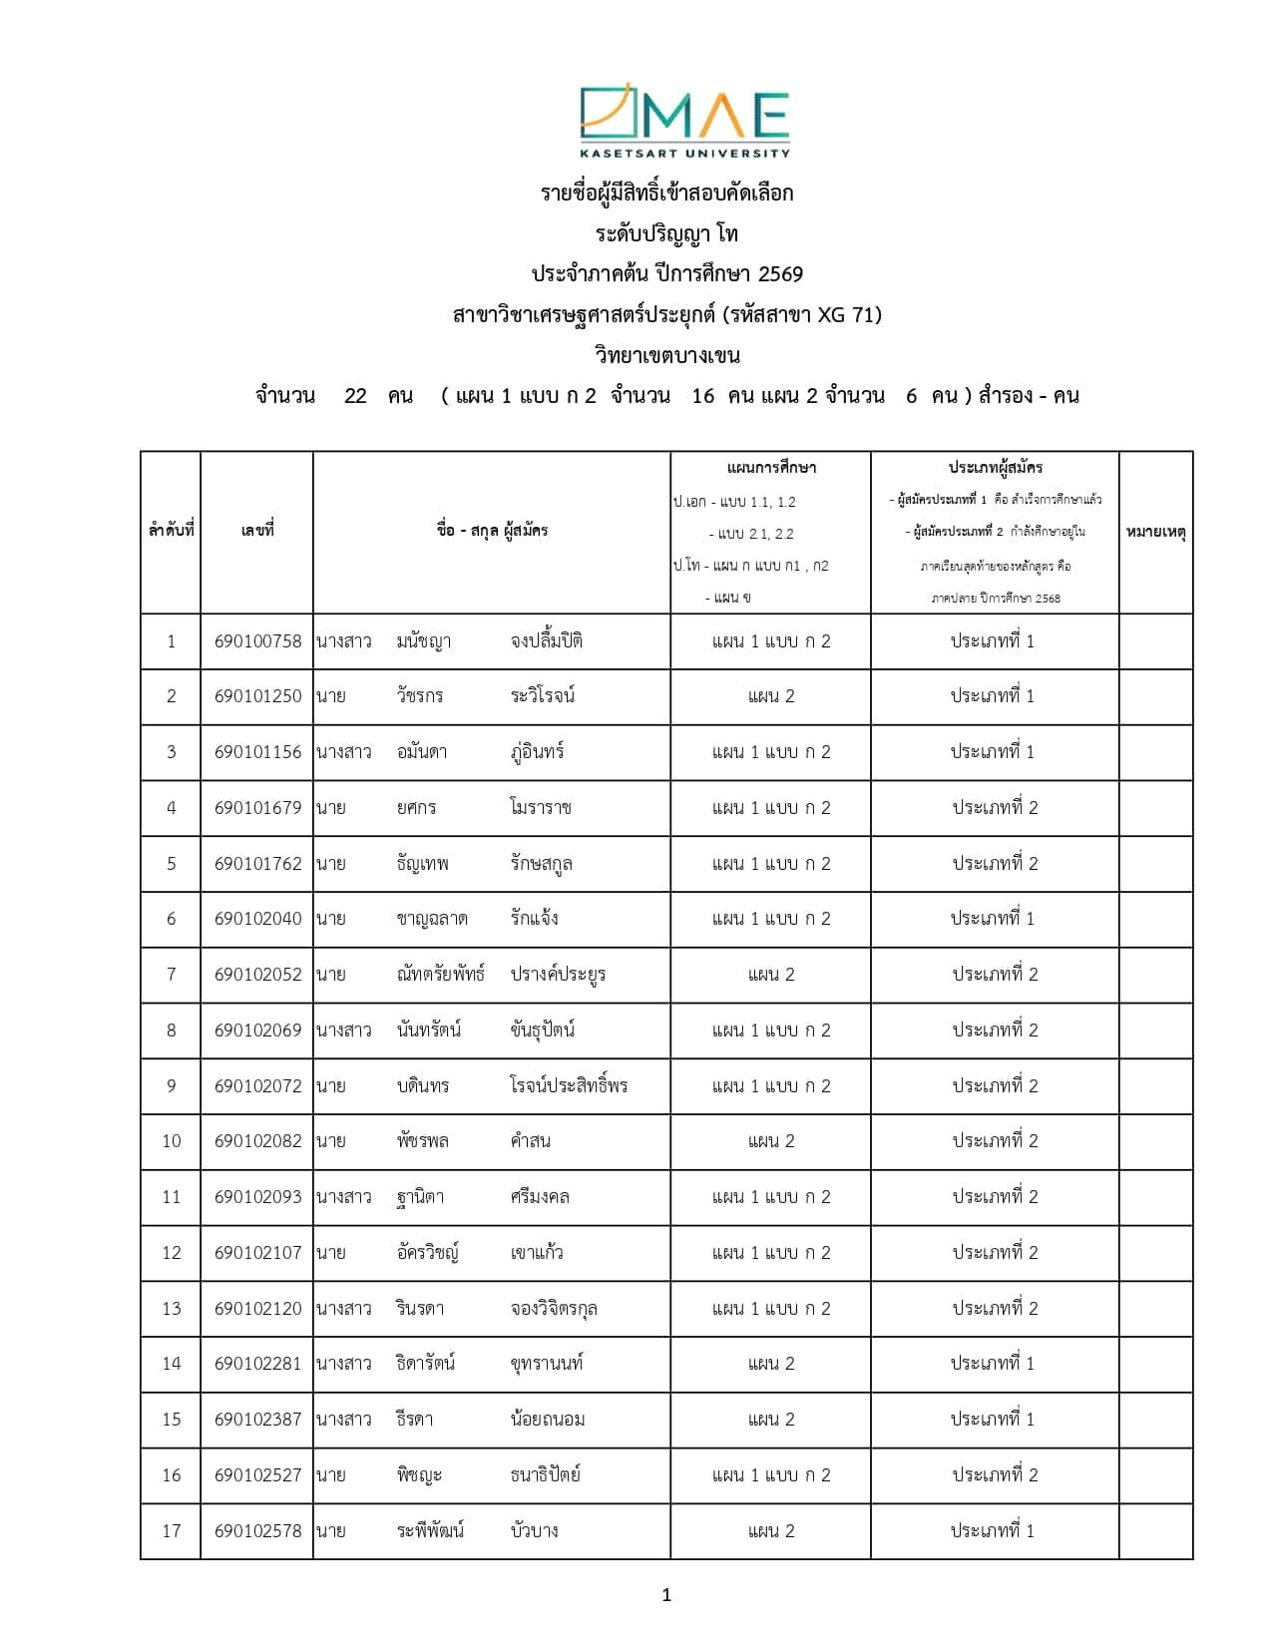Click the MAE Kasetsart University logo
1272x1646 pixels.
(684, 121)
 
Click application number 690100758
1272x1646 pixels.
(257, 641)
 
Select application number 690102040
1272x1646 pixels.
(257, 919)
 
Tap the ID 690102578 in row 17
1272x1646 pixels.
(257, 1530)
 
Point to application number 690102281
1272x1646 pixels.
(257, 1364)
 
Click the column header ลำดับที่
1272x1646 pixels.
(171, 531)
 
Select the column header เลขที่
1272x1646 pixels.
(256, 531)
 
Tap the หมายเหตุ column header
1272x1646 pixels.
(1155, 532)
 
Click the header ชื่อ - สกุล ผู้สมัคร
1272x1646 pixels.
(492, 531)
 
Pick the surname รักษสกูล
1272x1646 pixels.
(541, 864)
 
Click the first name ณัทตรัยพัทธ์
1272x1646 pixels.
(440, 975)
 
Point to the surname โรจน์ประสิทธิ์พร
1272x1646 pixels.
(569, 1085)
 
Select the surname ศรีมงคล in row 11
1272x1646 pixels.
(539, 1197)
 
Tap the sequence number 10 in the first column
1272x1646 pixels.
(172, 1141)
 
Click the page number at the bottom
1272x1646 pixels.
(666, 1595)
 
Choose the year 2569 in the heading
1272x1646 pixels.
(780, 274)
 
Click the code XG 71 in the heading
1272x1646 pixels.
(846, 315)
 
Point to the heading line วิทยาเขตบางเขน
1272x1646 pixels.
(666, 355)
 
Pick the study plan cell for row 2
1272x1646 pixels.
(771, 696)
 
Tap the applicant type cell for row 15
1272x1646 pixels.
(993, 1420)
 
